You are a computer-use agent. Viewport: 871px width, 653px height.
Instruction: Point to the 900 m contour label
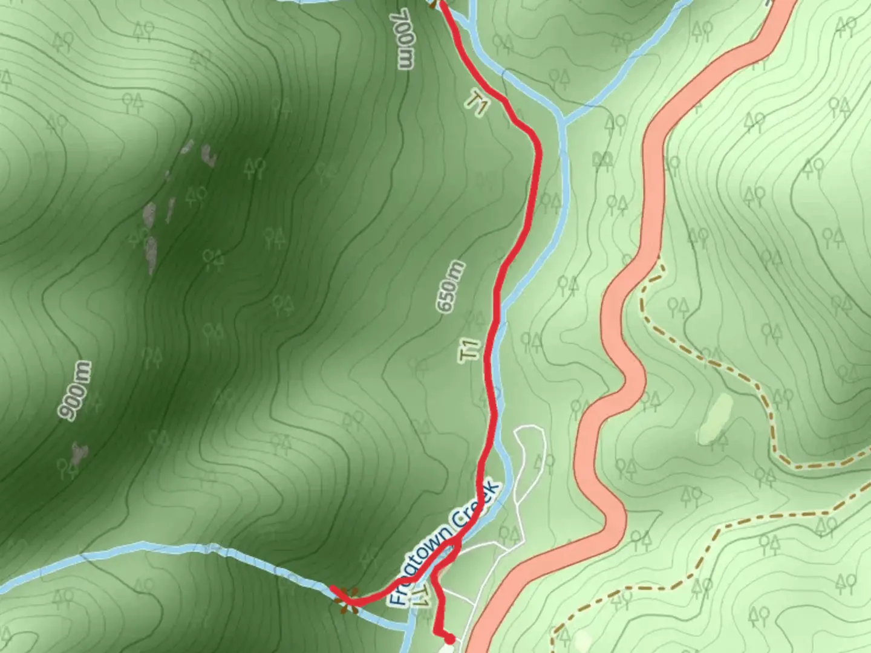76,391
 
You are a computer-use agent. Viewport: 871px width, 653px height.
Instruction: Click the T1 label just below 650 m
469,351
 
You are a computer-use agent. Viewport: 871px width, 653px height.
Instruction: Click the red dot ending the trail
449,638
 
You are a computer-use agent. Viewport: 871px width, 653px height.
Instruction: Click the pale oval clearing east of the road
714,418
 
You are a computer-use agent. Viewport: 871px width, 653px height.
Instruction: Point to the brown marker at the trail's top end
434,3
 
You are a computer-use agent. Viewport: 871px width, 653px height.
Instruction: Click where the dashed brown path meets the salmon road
658,259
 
